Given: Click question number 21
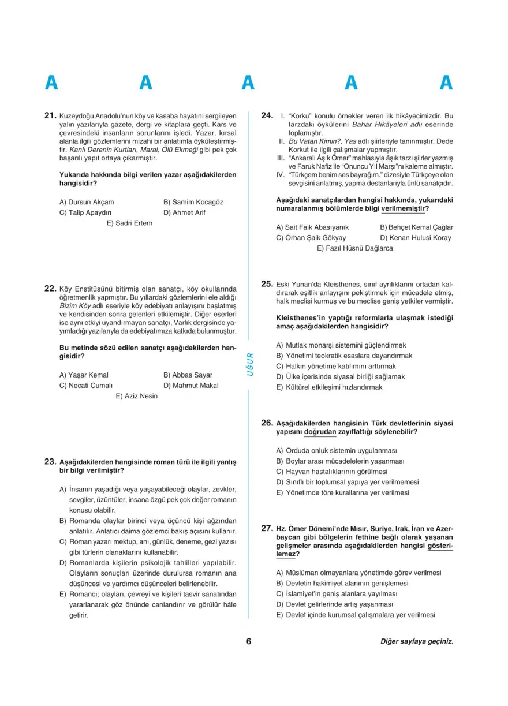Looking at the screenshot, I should tap(50, 115).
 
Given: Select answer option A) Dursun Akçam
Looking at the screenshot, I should tap(87, 202).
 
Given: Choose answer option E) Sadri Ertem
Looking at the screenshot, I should tap(129, 223).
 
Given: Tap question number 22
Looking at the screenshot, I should tap(50, 288).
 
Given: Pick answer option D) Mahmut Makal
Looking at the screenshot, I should tap(190, 386).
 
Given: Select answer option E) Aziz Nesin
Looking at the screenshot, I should tap(136, 396).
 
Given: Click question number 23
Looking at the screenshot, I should tap(50, 462).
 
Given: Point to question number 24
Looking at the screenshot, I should tap(267, 115).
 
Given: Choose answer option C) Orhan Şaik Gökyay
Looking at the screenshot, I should tap(311, 238).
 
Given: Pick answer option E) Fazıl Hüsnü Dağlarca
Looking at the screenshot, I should tap(354, 248).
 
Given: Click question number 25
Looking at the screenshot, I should tap(267, 283).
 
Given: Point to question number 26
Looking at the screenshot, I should tap(267, 423).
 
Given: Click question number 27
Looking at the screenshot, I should tap(267, 528).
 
